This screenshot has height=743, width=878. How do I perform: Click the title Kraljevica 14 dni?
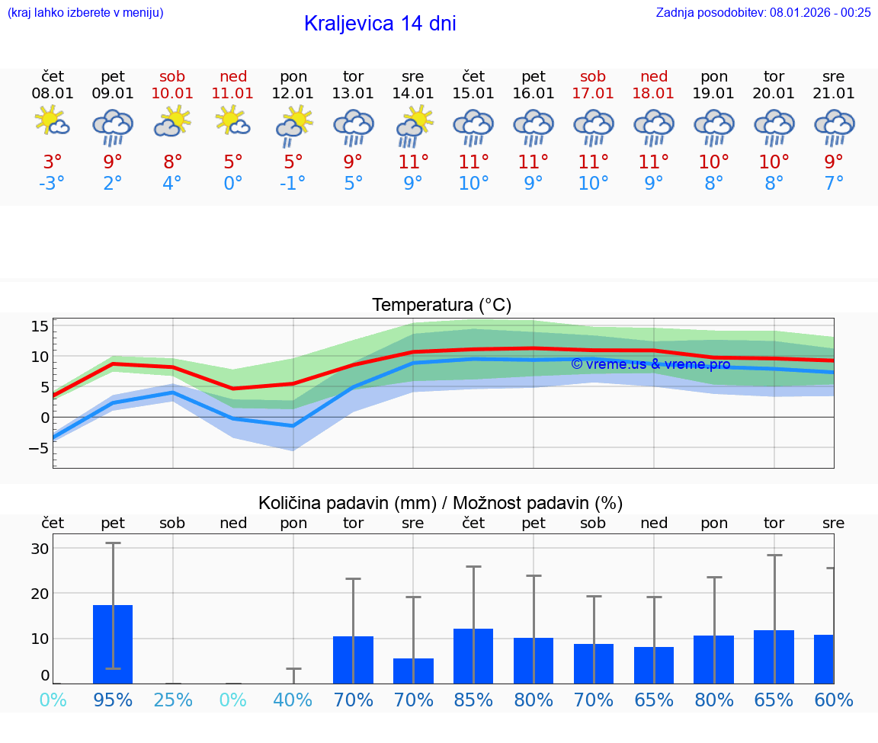tap(380, 24)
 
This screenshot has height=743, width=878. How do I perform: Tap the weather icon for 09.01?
tap(113, 127)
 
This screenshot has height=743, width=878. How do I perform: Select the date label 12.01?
tap(293, 93)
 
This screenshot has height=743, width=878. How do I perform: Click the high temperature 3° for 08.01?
tap(53, 162)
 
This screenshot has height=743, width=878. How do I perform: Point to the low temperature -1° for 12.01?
tap(293, 183)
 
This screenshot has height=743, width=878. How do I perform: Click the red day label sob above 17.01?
tap(593, 76)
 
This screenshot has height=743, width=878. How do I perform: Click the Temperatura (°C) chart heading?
tap(441, 305)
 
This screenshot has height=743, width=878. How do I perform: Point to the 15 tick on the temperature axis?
tap(40, 326)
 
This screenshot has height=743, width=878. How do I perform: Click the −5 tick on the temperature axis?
tap(38, 448)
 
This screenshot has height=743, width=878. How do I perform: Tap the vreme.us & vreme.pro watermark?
tap(650, 364)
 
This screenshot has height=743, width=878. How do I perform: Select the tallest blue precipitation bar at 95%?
tap(113, 644)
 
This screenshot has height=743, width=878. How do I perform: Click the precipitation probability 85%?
tap(473, 700)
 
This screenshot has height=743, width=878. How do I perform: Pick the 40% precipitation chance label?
tap(293, 700)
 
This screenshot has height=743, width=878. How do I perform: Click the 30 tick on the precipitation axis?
tap(40, 549)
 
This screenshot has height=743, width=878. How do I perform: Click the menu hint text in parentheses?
tap(85, 12)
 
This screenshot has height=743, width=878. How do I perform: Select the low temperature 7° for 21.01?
tap(834, 183)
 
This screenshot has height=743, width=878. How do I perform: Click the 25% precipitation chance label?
tap(173, 700)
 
